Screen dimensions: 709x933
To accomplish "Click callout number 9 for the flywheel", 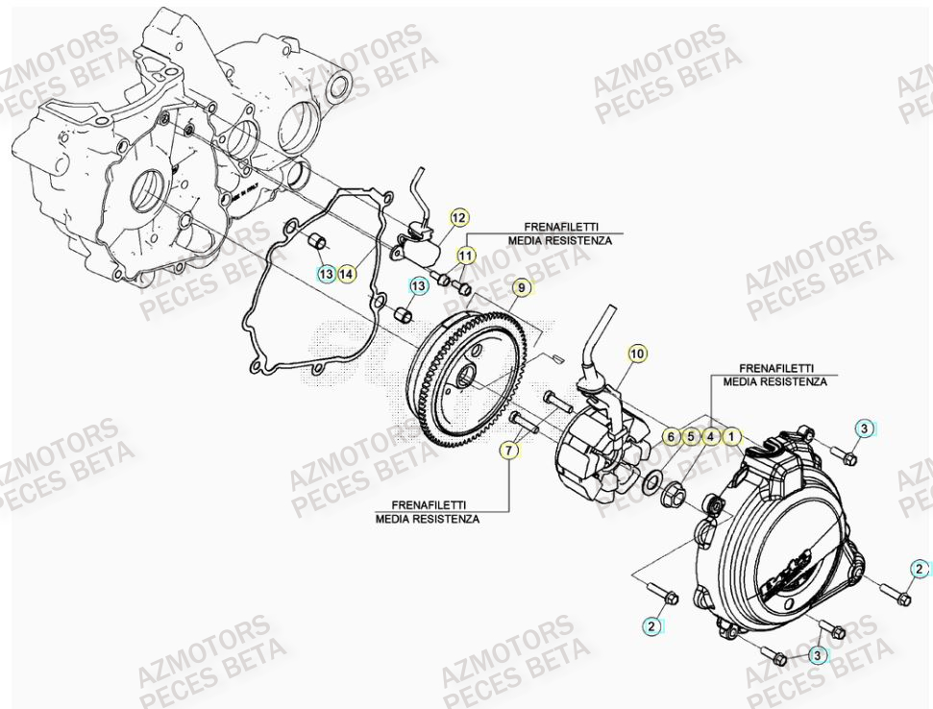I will [x=520, y=287].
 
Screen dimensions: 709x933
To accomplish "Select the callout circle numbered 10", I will [x=637, y=354].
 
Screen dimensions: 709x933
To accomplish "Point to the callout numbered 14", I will [x=347, y=274].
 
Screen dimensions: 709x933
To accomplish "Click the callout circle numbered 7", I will [x=506, y=450].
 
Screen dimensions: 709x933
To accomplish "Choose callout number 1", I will [x=731, y=437].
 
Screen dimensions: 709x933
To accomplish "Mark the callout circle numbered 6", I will [x=671, y=437].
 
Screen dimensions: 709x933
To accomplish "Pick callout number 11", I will [x=465, y=256].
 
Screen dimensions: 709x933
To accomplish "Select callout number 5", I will [x=691, y=437].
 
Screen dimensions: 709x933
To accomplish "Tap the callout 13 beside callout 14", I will [x=327, y=274].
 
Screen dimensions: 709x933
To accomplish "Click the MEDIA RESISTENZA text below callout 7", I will [x=428, y=519].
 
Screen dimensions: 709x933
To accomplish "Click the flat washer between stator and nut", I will [x=651, y=479].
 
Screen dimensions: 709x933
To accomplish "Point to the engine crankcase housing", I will [x=144, y=154].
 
